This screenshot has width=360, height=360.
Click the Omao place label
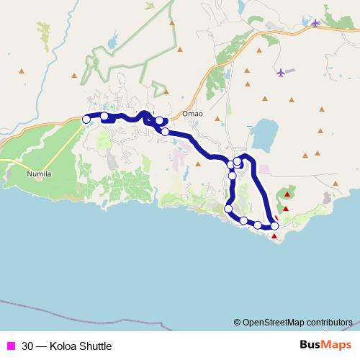pos(193,113)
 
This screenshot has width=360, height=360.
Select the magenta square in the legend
pos(10,346)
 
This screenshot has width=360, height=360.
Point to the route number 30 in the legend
pos(27,346)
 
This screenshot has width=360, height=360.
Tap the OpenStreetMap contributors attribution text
pos(297,322)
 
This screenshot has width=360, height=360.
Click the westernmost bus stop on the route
pos(86,119)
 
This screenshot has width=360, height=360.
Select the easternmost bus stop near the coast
pos(274,226)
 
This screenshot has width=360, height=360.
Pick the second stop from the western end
pos(104,116)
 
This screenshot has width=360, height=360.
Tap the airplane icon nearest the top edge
pos(315,23)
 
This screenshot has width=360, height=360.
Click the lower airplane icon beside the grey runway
pos(280,72)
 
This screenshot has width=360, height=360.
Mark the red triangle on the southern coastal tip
pos(274,235)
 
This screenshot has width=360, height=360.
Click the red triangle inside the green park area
pos(287,194)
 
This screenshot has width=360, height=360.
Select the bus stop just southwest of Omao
pos(166,132)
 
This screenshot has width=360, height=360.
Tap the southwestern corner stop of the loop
pos(229,209)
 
